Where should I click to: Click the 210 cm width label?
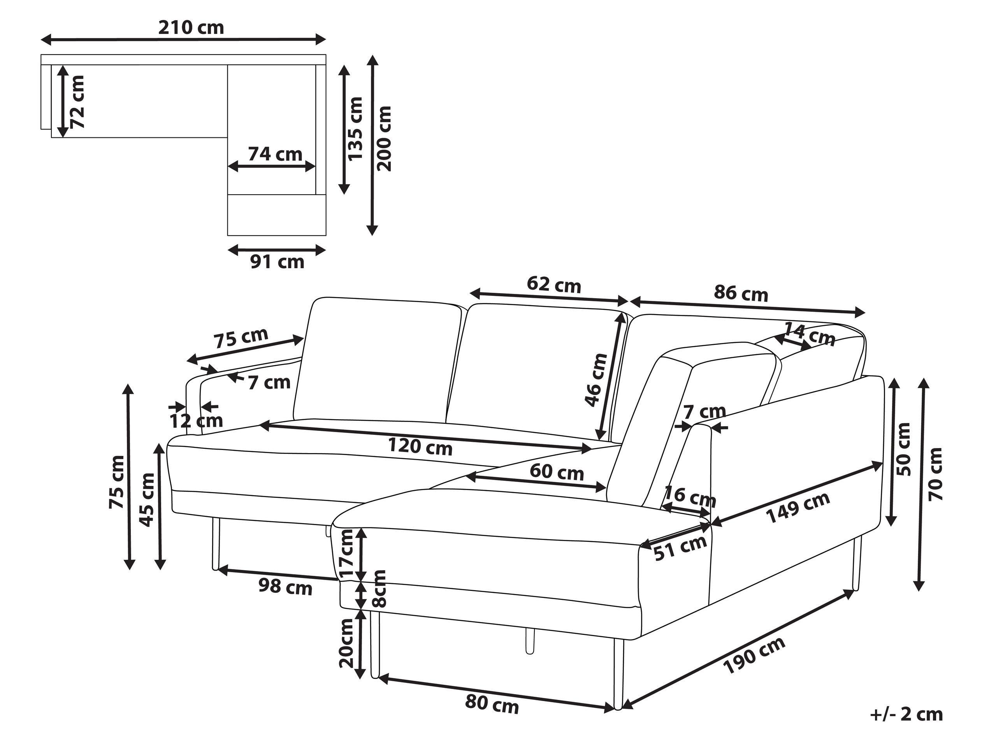(191, 28)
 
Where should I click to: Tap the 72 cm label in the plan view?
(77, 101)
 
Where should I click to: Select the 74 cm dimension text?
(275, 154)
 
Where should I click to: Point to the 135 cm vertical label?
(356, 128)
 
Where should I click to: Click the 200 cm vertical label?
(385, 139)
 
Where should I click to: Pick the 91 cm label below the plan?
(278, 262)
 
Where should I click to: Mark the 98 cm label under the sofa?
(285, 587)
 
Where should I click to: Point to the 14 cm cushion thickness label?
(810, 334)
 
